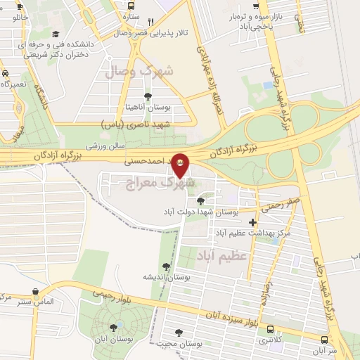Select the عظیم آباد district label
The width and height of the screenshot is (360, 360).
pos(223,255)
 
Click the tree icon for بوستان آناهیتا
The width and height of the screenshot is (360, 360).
pos(147,96)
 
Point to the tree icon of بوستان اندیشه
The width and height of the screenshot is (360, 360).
pos(166,266)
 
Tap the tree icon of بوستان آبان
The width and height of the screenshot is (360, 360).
pos(114,328)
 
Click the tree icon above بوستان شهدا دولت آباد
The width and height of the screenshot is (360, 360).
pos(200,201)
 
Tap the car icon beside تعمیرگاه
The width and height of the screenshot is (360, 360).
pos(5,74)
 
